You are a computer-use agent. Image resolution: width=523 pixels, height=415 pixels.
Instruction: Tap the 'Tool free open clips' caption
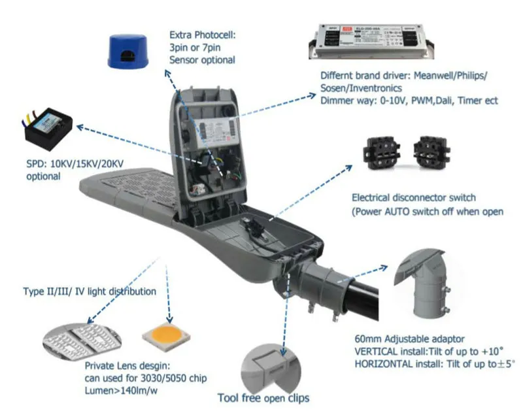(263, 397)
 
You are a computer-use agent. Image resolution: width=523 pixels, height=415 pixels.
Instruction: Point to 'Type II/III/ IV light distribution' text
(90, 291)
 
